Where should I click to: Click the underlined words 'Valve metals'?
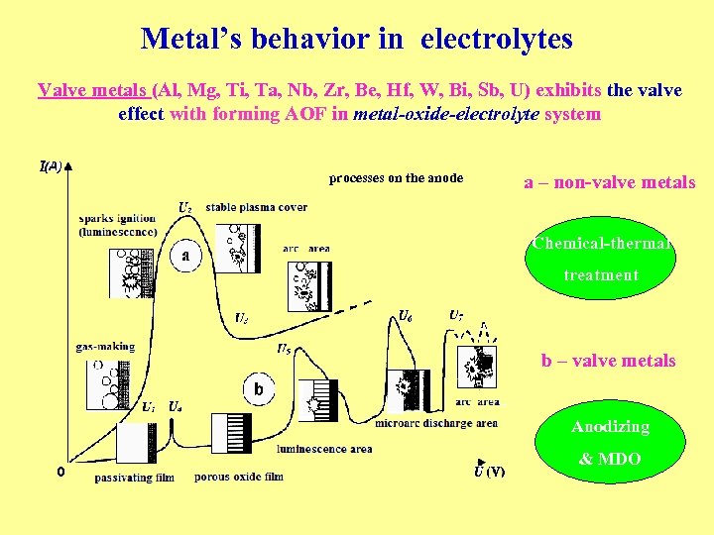pos(93,90)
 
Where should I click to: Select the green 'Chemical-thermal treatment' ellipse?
pos(602,260)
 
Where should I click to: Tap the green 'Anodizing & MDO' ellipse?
pos(610,443)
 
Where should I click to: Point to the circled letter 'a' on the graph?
pos(185,255)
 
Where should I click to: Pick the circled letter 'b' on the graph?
pos(258,389)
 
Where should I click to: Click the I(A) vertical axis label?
pos(51,165)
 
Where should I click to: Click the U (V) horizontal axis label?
pos(489,471)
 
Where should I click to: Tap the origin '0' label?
pos(59,472)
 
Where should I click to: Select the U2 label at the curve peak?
pos(185,207)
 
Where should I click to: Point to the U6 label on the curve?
pos(405,316)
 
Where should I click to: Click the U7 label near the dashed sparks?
pos(455,316)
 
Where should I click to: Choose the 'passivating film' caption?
pos(134,478)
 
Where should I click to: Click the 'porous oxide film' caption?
pos(239,477)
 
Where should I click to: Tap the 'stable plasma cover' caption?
pos(257,207)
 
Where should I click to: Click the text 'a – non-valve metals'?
pos(610,182)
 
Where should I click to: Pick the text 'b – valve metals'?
pos(608,361)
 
